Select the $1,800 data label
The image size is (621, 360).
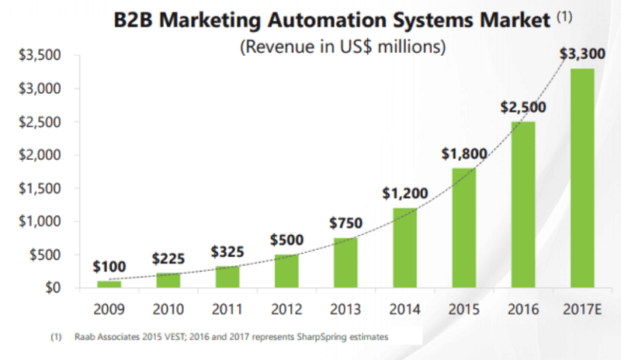tap(465, 154)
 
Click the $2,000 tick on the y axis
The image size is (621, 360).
tap(38, 155)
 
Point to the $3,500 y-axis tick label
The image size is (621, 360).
tap(38, 56)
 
